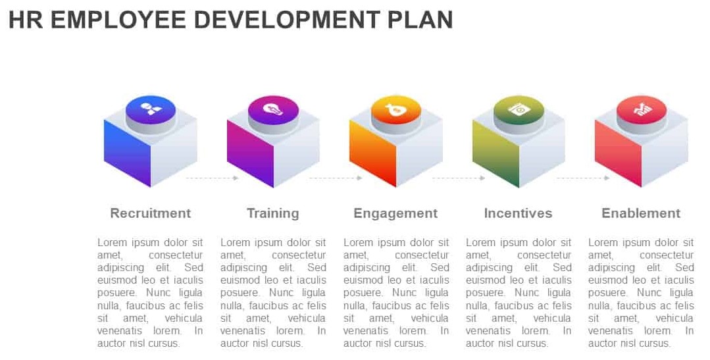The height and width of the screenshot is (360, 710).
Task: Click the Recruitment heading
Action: (x=150, y=213)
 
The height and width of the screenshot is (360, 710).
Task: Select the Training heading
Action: (x=273, y=213)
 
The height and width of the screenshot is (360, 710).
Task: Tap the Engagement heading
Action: (x=395, y=213)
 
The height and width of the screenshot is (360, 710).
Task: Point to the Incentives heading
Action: (x=518, y=213)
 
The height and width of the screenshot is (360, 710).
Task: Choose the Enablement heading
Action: (x=641, y=213)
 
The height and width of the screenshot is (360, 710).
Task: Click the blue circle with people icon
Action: (x=150, y=110)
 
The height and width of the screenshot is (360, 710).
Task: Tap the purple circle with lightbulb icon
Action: (x=273, y=110)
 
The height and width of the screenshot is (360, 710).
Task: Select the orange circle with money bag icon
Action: (x=395, y=110)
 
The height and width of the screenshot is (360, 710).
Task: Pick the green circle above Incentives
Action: (x=519, y=110)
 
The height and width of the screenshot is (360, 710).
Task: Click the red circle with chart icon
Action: (x=641, y=110)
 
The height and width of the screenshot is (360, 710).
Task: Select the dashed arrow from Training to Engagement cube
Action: (x=336, y=178)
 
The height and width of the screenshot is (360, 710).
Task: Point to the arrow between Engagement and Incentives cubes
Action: (x=459, y=178)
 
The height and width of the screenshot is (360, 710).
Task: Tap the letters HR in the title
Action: (x=26, y=20)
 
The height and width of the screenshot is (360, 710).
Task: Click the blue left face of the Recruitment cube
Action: (x=127, y=153)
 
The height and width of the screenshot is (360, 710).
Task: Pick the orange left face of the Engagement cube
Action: (x=372, y=153)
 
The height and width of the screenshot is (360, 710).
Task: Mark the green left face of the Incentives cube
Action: (x=496, y=153)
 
